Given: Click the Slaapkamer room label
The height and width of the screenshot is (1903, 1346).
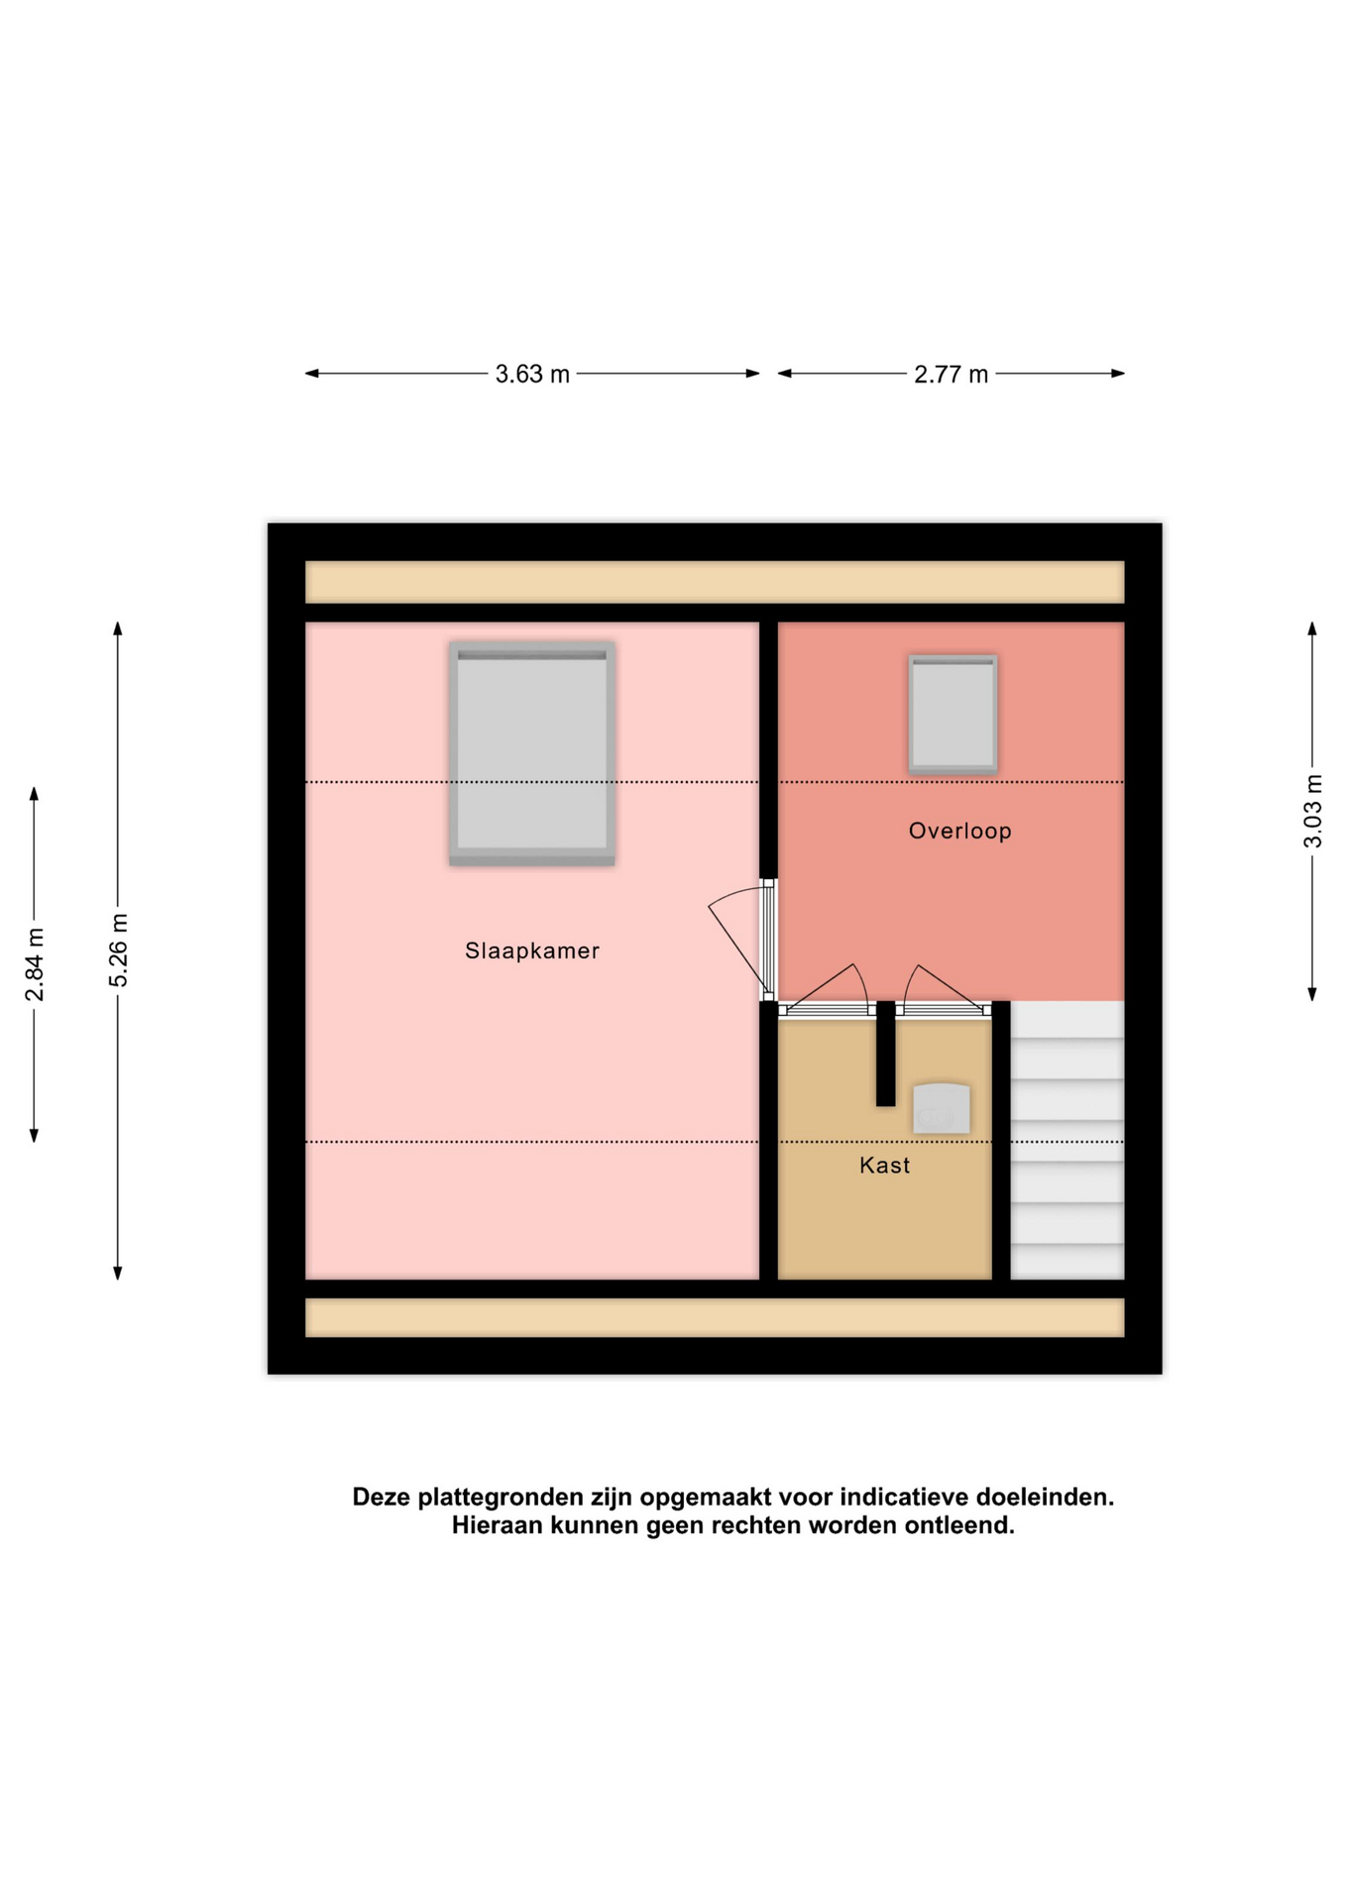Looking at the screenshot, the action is (x=532, y=951).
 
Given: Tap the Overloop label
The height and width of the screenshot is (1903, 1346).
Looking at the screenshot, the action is (x=959, y=831).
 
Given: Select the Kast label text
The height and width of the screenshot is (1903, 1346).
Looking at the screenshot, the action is (x=884, y=1165).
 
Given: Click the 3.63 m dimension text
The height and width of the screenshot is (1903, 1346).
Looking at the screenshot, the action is (x=532, y=374).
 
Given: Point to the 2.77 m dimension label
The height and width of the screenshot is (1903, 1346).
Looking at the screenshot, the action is (x=951, y=374).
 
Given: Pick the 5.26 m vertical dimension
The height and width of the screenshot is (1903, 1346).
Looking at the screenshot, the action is (x=118, y=950).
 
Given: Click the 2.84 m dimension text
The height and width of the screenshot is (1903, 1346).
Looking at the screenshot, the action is (x=35, y=964).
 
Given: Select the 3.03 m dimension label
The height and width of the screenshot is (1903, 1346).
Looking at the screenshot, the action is (x=1312, y=811).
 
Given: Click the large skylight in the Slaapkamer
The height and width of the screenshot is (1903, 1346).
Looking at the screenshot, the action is (x=532, y=753).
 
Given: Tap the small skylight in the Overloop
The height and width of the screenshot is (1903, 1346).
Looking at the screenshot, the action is (x=953, y=714).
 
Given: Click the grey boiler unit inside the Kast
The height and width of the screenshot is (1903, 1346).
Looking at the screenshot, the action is (x=941, y=1108).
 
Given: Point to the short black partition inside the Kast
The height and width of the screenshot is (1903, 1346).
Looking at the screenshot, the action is (x=885, y=1054).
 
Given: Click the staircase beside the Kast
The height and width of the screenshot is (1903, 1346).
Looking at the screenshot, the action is (x=1066, y=1140).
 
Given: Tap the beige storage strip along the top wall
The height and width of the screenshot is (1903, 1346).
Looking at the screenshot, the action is (x=715, y=582).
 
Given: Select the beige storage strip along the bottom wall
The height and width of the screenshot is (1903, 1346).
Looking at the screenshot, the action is (x=715, y=1317).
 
